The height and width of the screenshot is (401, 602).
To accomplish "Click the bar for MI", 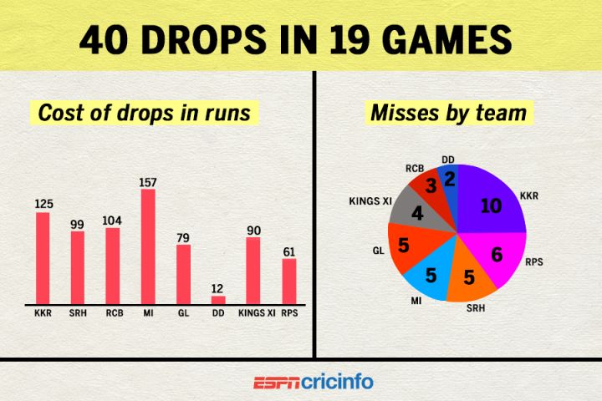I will pyautogui.click(x=148, y=246).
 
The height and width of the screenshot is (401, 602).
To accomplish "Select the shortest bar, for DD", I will pyautogui.click(x=218, y=299).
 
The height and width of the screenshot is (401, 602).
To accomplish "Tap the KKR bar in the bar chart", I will pyautogui.click(x=43, y=258).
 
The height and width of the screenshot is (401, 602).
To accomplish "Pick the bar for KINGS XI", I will pyautogui.click(x=253, y=271).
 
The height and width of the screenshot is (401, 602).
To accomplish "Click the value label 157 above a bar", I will pyautogui.click(x=148, y=181).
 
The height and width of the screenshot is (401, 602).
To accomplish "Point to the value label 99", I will pyautogui.click(x=78, y=223).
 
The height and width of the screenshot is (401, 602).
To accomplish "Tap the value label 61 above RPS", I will pyautogui.click(x=288, y=250).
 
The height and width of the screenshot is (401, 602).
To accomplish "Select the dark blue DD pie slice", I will pyautogui.click(x=450, y=181).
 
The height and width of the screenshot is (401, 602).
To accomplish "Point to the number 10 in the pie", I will pyautogui.click(x=491, y=206).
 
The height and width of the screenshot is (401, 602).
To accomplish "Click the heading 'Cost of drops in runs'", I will pyautogui.click(x=145, y=112).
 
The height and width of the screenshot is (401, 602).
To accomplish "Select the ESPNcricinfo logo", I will pyautogui.click(x=313, y=382).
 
